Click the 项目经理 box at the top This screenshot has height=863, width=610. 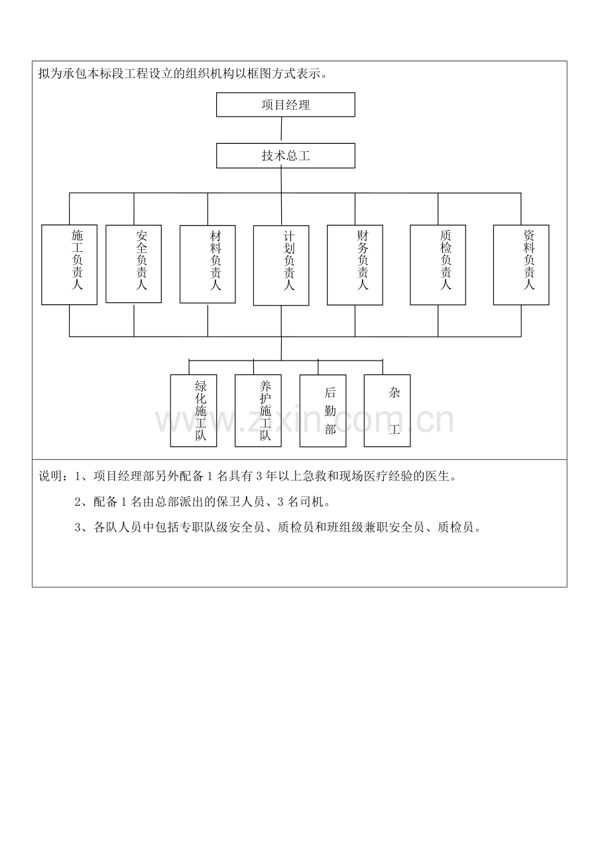286,105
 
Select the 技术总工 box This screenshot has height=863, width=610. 286,156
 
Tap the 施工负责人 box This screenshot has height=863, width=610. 70,264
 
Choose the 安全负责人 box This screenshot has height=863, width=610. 134,264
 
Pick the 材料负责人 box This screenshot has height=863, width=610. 208,264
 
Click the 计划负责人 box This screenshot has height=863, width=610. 281,265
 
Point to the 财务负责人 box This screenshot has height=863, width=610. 355,265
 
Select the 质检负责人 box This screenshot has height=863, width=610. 438,265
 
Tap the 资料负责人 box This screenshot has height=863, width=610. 521,265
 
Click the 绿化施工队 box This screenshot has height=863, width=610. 194,411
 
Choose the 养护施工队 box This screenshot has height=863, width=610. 258,411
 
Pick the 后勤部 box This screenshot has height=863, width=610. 323,411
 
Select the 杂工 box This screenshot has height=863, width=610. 387,411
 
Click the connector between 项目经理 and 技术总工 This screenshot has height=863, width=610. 281,130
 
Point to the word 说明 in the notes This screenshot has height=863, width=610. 50,476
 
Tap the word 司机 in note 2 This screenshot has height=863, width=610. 309,502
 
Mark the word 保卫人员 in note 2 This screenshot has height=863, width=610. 241,502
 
